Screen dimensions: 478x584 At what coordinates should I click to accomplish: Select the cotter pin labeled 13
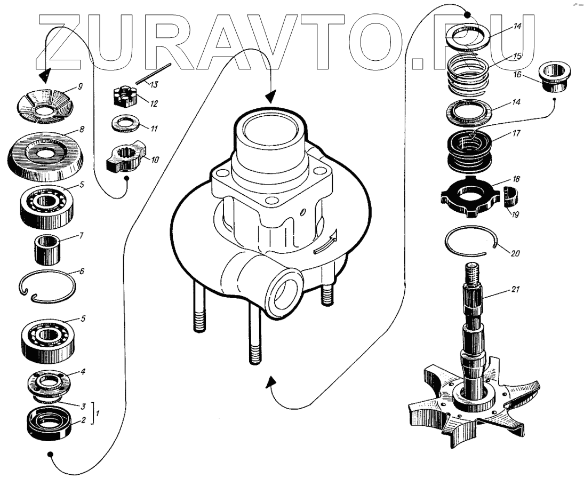[153, 74]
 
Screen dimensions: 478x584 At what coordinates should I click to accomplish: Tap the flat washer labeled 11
[126, 124]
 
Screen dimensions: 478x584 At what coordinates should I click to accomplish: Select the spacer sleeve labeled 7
[47, 249]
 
